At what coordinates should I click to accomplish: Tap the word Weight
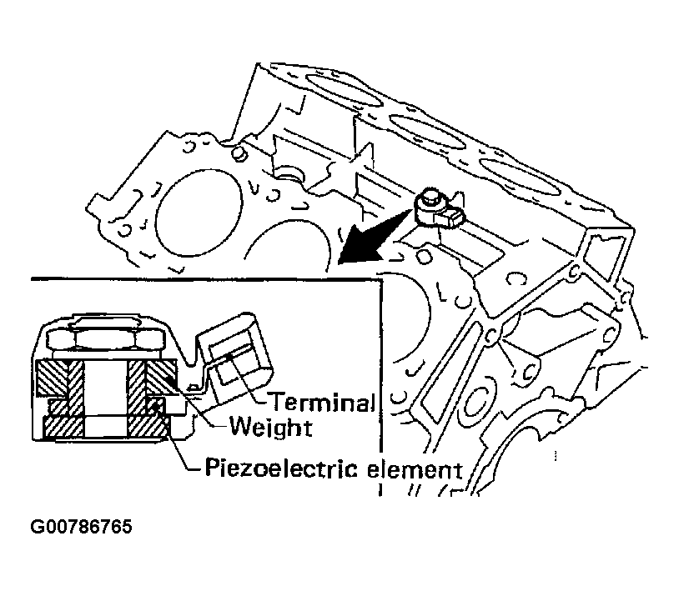coord(269,428)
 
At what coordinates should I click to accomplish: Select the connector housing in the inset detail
coord(234,359)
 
